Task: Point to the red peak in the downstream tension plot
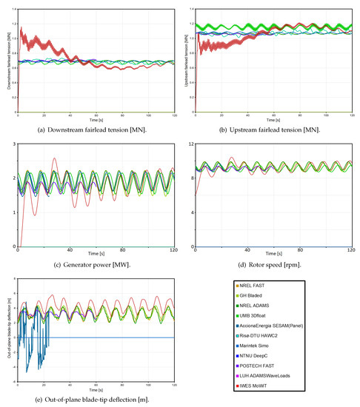pyautogui.click(x=22, y=30)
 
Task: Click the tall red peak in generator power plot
pyautogui.click(x=54, y=158)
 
